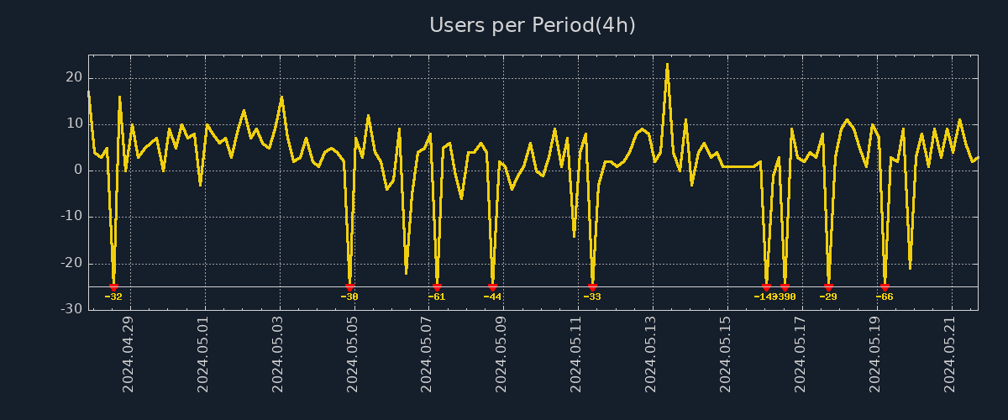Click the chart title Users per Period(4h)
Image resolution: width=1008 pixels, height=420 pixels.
click(x=533, y=25)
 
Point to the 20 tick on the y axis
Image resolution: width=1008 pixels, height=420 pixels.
click(x=74, y=77)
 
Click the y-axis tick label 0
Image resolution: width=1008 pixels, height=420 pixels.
click(x=78, y=170)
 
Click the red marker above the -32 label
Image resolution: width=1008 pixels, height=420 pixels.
click(x=113, y=287)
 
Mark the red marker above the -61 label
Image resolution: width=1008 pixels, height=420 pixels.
click(x=437, y=287)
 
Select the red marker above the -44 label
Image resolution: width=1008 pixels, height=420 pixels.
click(x=492, y=287)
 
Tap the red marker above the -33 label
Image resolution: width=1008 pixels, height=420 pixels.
click(x=592, y=287)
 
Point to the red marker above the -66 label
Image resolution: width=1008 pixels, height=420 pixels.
click(x=885, y=287)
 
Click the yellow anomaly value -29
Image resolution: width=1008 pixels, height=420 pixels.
click(x=828, y=297)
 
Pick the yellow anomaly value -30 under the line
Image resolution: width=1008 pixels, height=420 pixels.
click(x=349, y=297)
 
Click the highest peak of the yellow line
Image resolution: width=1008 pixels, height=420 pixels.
click(x=667, y=65)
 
